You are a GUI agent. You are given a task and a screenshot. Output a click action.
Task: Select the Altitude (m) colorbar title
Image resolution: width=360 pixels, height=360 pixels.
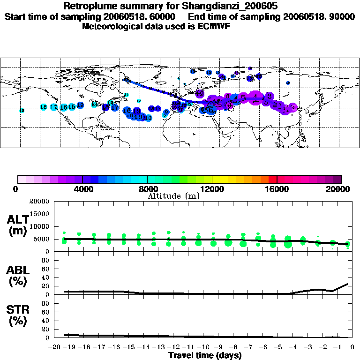point(173,196)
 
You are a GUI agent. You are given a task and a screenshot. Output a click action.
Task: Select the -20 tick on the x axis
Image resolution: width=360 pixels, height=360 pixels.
point(55,348)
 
